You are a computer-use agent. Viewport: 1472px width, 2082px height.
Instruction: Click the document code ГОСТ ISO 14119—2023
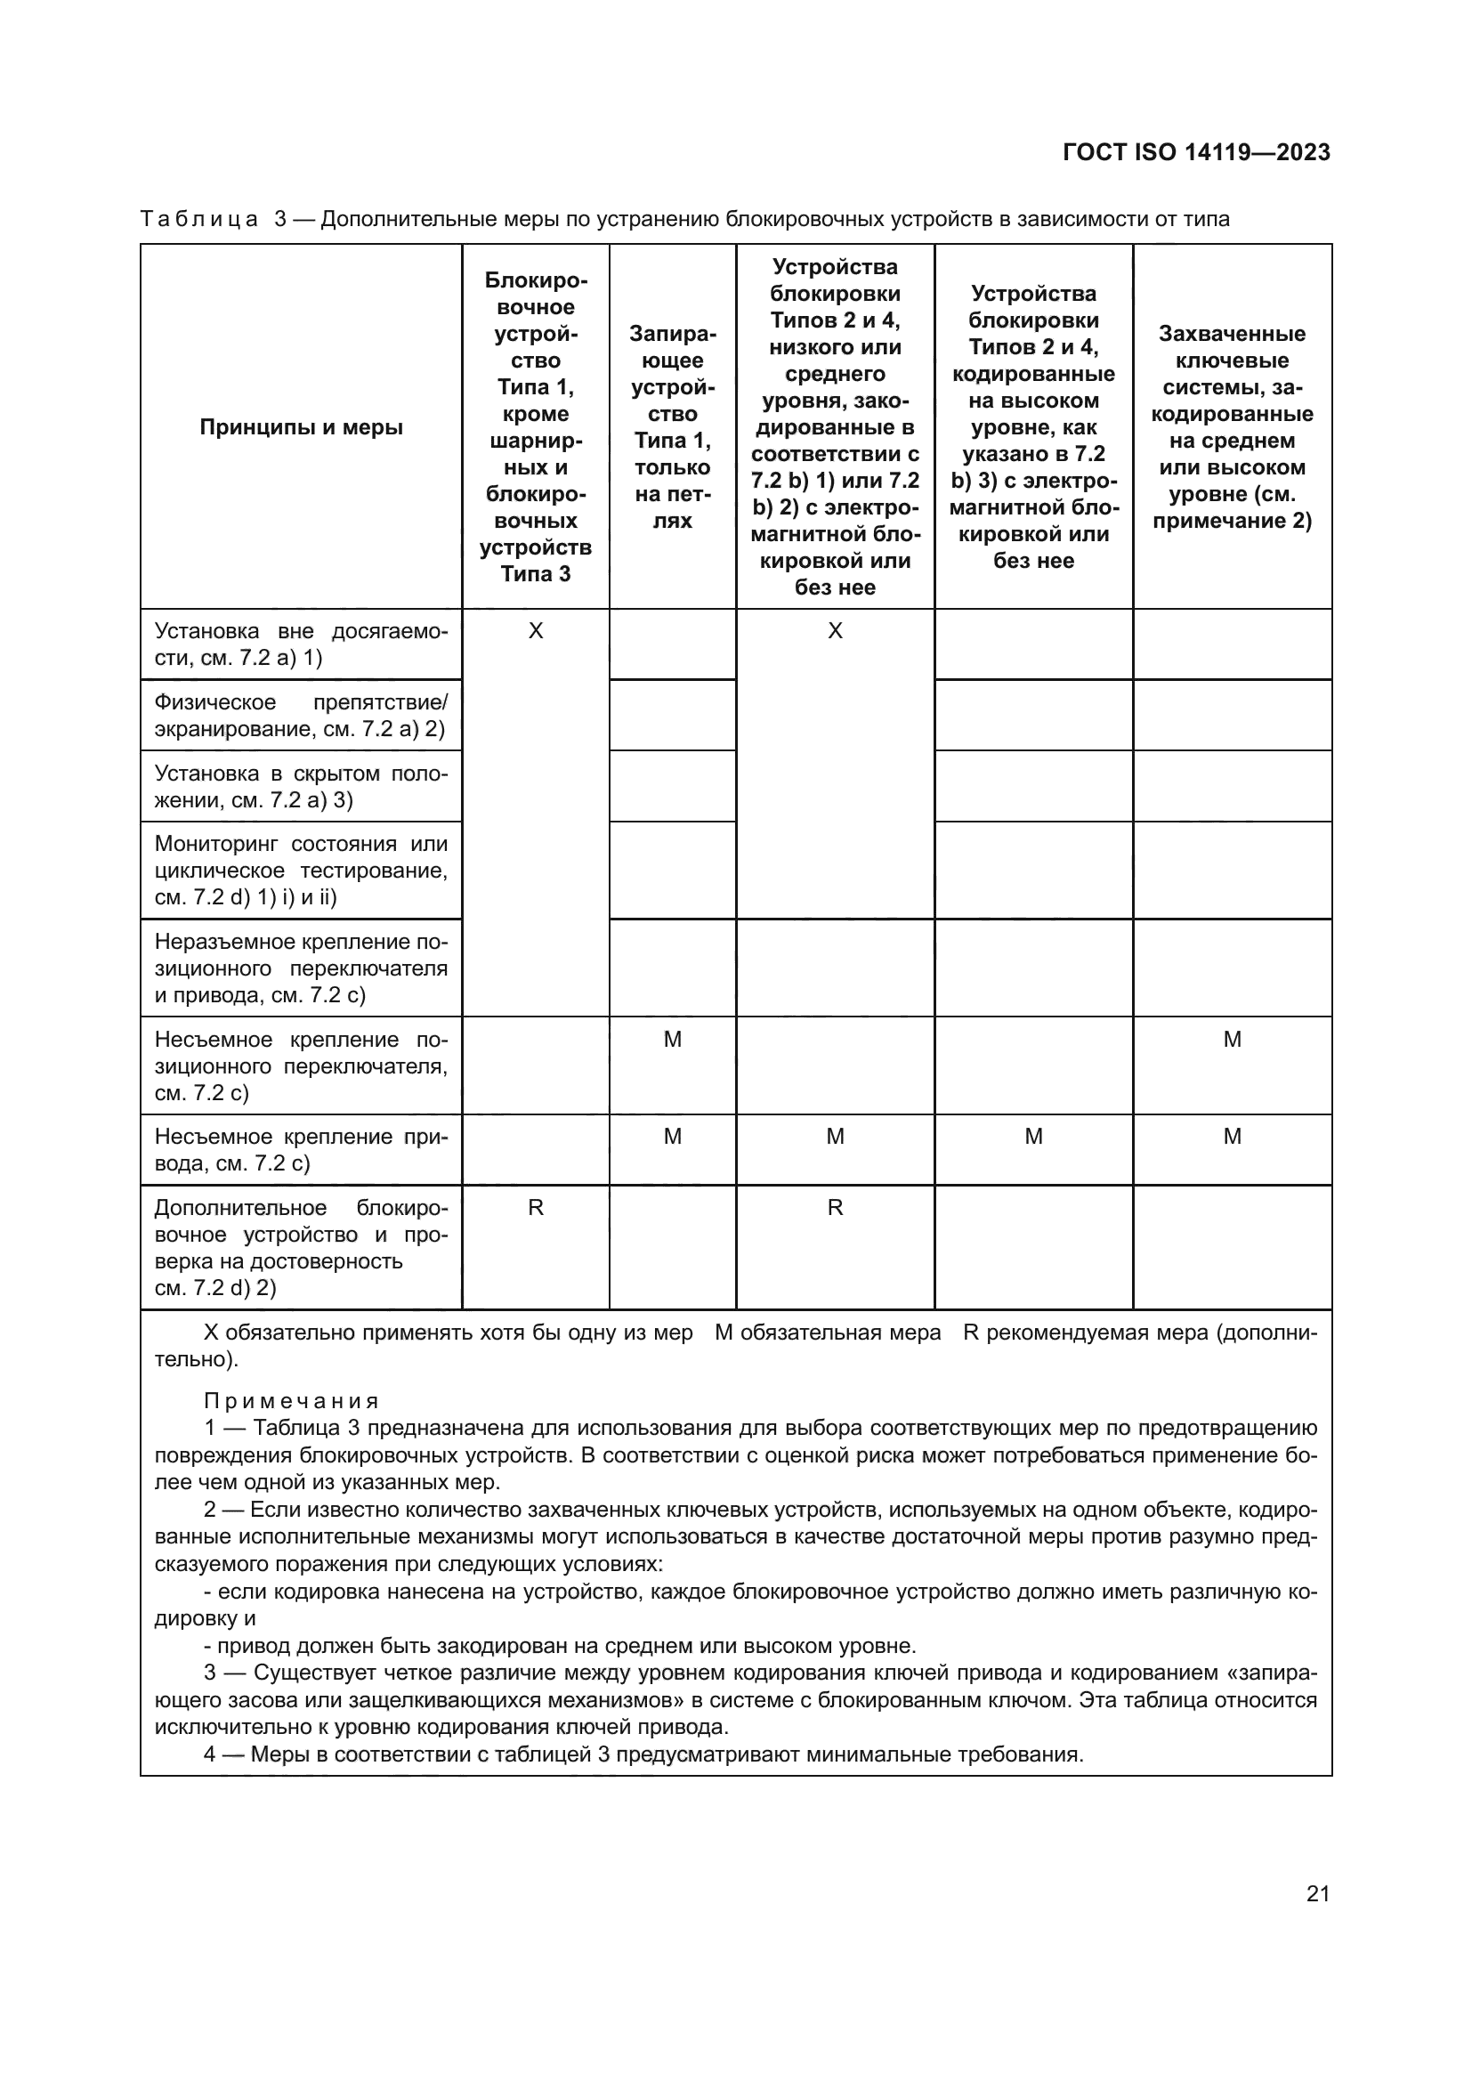[1196, 152]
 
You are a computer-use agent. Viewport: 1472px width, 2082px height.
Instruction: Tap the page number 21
[1318, 1893]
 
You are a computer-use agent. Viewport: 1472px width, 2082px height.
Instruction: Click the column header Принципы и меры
[301, 427]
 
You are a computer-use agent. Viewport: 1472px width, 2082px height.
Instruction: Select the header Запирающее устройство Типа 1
[672, 427]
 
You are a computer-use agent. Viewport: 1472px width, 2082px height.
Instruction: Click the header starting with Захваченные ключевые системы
[1232, 427]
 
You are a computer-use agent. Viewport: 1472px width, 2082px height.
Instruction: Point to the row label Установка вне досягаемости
[301, 644]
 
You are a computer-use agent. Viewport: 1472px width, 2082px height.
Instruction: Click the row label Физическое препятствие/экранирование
[301, 716]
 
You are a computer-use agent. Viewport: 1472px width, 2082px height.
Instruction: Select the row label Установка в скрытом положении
[301, 786]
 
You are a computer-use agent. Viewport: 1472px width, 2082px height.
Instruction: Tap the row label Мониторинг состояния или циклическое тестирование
[301, 871]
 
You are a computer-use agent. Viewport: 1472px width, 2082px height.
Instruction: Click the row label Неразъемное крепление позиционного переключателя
[301, 968]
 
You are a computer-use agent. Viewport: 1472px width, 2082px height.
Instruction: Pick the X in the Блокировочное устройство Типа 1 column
[536, 631]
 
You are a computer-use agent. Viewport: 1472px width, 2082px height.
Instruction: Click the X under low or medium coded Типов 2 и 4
[835, 631]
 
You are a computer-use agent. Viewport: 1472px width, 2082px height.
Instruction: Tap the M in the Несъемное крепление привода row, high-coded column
[1033, 1137]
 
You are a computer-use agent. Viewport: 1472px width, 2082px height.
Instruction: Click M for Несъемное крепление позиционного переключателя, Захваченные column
[1232, 1039]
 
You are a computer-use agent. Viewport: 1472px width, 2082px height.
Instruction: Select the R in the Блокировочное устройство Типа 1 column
[536, 1208]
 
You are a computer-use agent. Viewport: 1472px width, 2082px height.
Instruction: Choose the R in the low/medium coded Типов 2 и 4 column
[835, 1208]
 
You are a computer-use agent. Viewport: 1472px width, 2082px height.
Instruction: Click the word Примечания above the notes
[291, 1401]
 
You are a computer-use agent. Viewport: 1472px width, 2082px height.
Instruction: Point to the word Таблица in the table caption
[199, 220]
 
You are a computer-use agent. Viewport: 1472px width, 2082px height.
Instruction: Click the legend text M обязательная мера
[828, 1333]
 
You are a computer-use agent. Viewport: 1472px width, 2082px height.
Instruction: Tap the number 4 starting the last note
[209, 1754]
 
